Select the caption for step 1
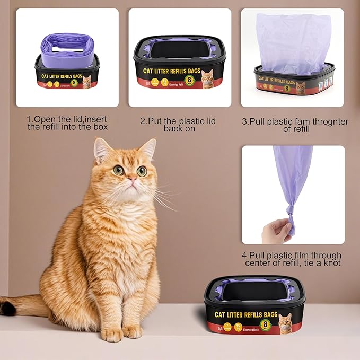(67, 122)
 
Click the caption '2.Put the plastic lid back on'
(178, 125)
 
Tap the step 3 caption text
(295, 125)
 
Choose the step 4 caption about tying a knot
(292, 259)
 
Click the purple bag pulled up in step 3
(293, 42)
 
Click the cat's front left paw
(112, 334)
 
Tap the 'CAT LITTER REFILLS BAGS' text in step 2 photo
(170, 71)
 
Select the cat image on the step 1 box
(87, 81)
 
